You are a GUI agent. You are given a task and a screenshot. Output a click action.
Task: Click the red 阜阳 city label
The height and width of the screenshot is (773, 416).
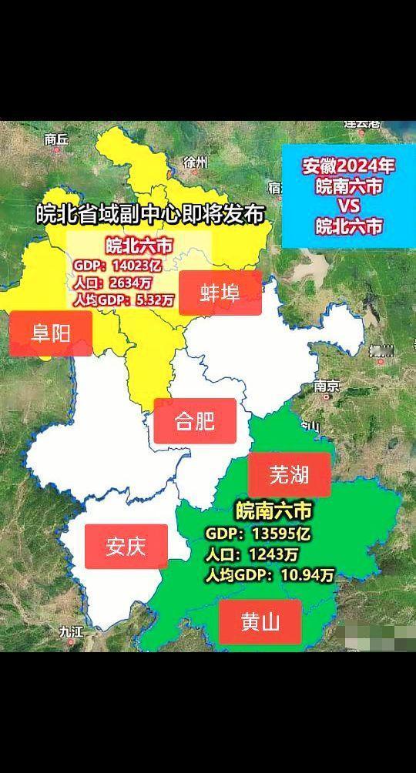coord(50,333)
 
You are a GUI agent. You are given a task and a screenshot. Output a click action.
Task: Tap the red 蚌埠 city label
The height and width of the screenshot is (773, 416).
coord(220,293)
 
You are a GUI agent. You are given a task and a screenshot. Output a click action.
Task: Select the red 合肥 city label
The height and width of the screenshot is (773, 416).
coord(194,421)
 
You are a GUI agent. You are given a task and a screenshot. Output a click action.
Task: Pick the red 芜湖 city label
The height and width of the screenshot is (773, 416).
coord(289,475)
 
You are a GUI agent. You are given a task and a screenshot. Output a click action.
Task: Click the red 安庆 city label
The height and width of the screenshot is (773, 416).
coord(126,547)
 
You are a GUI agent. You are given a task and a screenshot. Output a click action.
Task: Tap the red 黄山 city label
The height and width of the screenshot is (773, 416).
coord(260,622)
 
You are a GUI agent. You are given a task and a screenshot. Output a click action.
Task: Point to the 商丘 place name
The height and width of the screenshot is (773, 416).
coord(56,139)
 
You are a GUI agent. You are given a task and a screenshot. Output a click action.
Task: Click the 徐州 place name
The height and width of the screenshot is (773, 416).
coord(196,162)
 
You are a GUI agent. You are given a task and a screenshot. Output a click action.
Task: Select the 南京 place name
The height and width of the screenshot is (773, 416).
coord(327,386)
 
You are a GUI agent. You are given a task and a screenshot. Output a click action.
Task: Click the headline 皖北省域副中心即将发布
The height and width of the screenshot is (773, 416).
coord(150,213)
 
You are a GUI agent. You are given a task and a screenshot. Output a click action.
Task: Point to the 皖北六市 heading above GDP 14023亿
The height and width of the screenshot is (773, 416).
coord(139,247)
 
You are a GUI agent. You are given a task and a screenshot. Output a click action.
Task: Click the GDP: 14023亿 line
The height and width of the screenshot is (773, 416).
coord(118,266)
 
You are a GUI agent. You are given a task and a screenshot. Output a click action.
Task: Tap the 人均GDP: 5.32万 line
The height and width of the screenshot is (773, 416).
coord(123,299)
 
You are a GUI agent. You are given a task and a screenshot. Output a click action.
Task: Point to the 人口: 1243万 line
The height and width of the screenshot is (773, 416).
coord(252,554)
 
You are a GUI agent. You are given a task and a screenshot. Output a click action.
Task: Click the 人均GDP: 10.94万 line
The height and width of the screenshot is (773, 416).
coord(270,575)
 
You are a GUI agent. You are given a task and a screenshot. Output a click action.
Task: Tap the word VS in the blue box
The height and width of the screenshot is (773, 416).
coord(348,206)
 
